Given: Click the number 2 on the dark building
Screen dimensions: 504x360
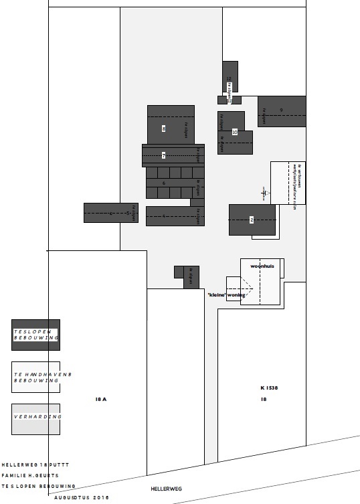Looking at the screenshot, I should pyautogui.click(x=252, y=220).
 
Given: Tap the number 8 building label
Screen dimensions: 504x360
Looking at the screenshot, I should pyautogui.click(x=163, y=128).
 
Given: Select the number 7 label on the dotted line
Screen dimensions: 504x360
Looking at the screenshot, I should pyautogui.click(x=163, y=155).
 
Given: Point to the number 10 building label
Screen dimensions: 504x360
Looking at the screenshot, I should pyautogui.click(x=234, y=132).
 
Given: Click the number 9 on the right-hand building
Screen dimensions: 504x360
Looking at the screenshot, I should pyautogui.click(x=281, y=110).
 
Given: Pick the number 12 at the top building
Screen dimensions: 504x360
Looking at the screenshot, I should pyautogui.click(x=229, y=79).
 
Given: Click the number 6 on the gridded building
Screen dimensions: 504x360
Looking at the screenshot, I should pyautogui.click(x=164, y=182).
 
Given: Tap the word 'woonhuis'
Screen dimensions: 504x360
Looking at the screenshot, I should pyautogui.click(x=262, y=266).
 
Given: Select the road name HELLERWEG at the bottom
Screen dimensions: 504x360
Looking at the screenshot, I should pyautogui.click(x=166, y=489).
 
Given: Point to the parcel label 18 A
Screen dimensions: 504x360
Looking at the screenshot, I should pyautogui.click(x=101, y=398).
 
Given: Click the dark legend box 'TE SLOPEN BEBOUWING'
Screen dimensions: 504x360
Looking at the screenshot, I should pyautogui.click(x=36, y=335).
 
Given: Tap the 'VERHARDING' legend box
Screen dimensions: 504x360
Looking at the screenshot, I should pyautogui.click(x=36, y=419).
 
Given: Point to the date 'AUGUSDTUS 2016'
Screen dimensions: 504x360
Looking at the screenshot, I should pyautogui.click(x=82, y=497).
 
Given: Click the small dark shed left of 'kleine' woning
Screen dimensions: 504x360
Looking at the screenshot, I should pyautogui.click(x=191, y=277).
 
